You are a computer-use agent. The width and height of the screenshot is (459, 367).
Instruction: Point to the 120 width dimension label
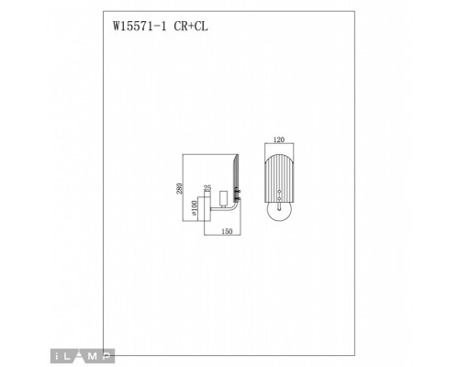click(280, 141)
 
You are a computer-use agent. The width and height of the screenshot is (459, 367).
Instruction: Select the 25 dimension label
click(207, 187)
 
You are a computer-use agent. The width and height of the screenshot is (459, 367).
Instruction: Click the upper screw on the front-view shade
click(280, 191)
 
